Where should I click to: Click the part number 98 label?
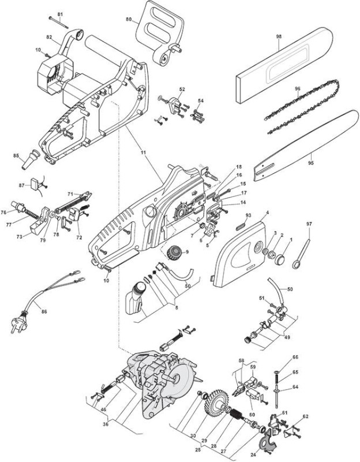(x=279, y=36)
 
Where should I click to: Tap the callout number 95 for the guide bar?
(x=311, y=163)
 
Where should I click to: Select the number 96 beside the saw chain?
(x=297, y=88)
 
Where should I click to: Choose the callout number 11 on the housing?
(x=143, y=152)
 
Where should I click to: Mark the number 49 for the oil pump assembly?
(x=287, y=337)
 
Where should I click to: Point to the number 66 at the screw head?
(x=295, y=357)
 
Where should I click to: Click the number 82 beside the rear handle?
(x=49, y=37)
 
